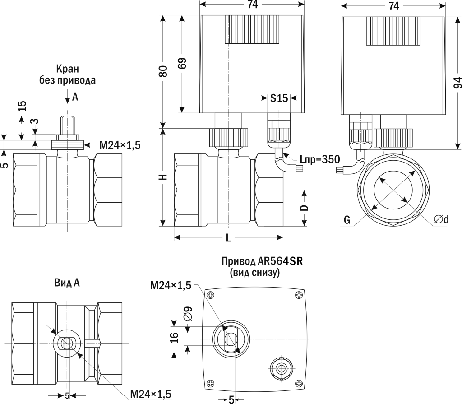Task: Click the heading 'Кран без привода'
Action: click(67, 75)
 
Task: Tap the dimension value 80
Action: click(163, 71)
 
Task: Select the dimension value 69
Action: click(182, 64)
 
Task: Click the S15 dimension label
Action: click(279, 98)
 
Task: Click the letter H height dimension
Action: click(163, 176)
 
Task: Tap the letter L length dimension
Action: click(228, 238)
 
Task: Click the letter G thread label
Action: click(347, 220)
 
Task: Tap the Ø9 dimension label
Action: click(188, 314)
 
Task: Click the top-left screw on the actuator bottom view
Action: click(211, 295)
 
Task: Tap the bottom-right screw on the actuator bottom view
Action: click(299, 383)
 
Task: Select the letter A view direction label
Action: click(75, 97)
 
